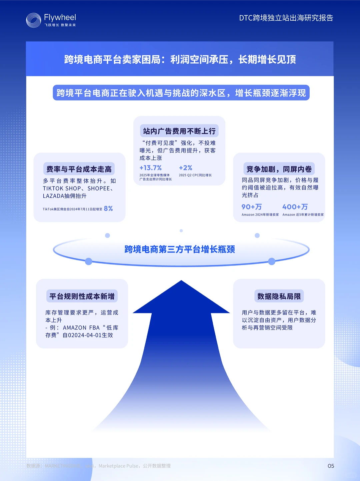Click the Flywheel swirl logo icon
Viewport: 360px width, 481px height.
[33, 20]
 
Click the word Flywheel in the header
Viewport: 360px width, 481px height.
[60, 17]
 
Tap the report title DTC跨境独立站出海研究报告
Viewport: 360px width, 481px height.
[286, 18]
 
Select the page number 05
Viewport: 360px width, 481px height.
[331, 466]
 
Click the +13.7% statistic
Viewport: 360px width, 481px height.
[151, 168]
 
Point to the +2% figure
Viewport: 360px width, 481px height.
[186, 168]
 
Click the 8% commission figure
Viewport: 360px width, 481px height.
[108, 209]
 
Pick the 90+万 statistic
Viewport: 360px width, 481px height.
[252, 207]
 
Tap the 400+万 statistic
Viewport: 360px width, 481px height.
[295, 207]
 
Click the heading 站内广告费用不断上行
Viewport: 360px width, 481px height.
[179, 131]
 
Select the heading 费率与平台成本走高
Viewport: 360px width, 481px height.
[79, 169]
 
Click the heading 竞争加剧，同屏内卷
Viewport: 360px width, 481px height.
[279, 169]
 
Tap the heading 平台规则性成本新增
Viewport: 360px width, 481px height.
[82, 296]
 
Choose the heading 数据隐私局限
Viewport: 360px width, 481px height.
[279, 296]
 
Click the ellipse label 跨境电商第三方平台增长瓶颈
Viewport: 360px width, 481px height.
[180, 249]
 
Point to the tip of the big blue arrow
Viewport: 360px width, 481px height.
[181, 282]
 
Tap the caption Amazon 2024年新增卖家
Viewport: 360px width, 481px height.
[260, 215]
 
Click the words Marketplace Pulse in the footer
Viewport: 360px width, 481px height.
[118, 466]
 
